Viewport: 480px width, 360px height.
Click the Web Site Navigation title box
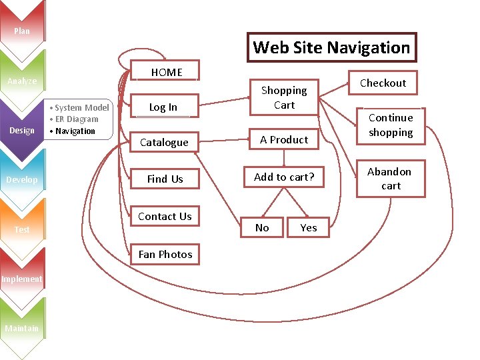[331, 47]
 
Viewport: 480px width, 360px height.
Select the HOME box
[167, 72]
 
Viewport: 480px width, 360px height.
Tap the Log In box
[163, 107]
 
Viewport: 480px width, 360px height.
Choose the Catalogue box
[164, 142]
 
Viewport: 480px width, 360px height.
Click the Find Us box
[165, 179]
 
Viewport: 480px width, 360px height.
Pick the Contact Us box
[165, 217]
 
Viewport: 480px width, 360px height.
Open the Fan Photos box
[165, 254]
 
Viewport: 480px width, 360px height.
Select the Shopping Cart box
[284, 97]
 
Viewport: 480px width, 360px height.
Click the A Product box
[284, 139]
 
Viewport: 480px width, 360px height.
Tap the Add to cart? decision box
[284, 177]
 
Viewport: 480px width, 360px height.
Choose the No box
[263, 227]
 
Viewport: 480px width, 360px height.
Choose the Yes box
[308, 227]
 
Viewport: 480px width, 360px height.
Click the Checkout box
[383, 83]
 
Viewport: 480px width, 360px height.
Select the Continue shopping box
[391, 125]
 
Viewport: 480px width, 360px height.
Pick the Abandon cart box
[391, 179]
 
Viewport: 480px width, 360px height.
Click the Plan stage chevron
[22, 31]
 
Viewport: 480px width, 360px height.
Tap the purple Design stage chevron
[22, 131]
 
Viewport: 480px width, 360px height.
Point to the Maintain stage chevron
[22, 328]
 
